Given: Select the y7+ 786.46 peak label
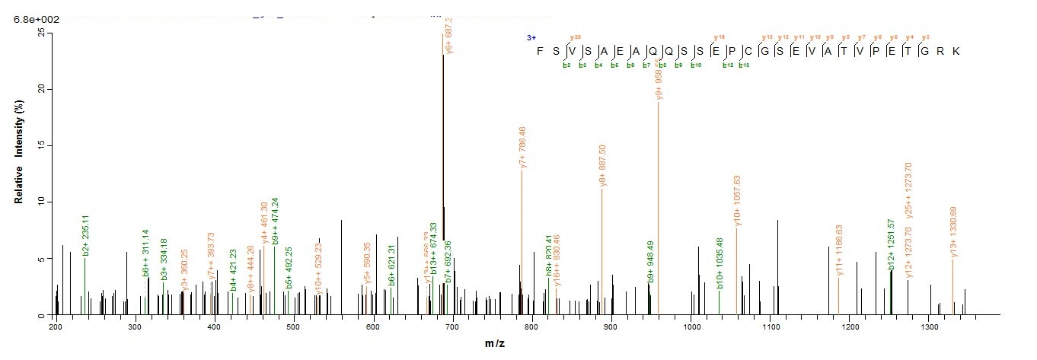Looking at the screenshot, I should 522,148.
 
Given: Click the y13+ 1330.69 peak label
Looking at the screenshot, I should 953,231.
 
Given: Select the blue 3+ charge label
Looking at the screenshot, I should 531,37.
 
